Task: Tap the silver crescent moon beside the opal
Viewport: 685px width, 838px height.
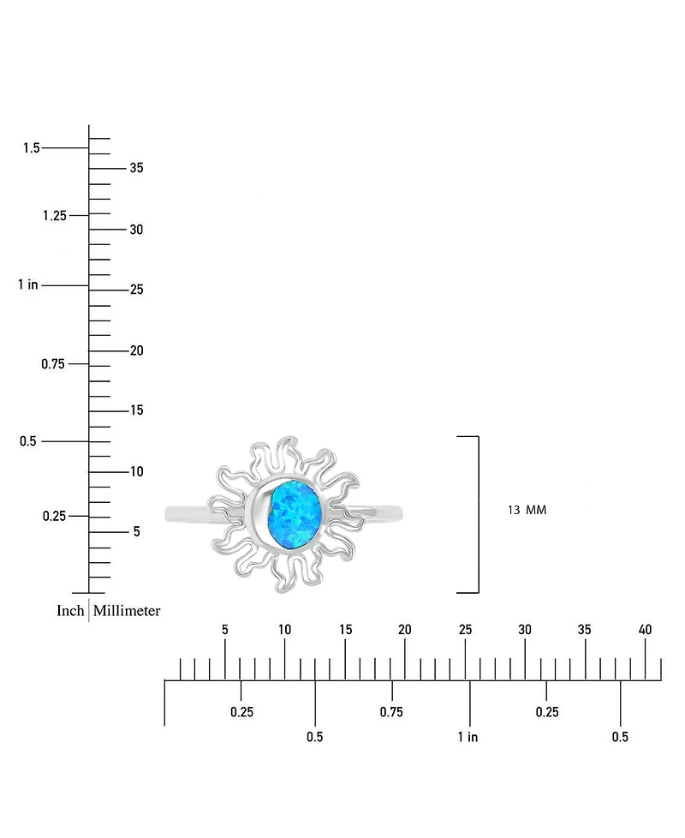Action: (x=258, y=514)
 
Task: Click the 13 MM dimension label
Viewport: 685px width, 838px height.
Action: (x=527, y=510)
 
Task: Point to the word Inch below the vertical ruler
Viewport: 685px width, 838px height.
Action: (x=70, y=610)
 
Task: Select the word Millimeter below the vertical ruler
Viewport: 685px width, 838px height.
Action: (x=127, y=610)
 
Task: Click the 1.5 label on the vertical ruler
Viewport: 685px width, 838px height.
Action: (x=32, y=147)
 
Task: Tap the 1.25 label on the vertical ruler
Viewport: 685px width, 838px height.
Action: (x=55, y=215)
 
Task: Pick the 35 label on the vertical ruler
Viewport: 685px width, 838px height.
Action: (x=137, y=168)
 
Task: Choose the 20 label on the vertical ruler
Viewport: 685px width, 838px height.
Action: (x=137, y=350)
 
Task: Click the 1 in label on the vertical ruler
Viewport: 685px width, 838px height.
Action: (x=28, y=284)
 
